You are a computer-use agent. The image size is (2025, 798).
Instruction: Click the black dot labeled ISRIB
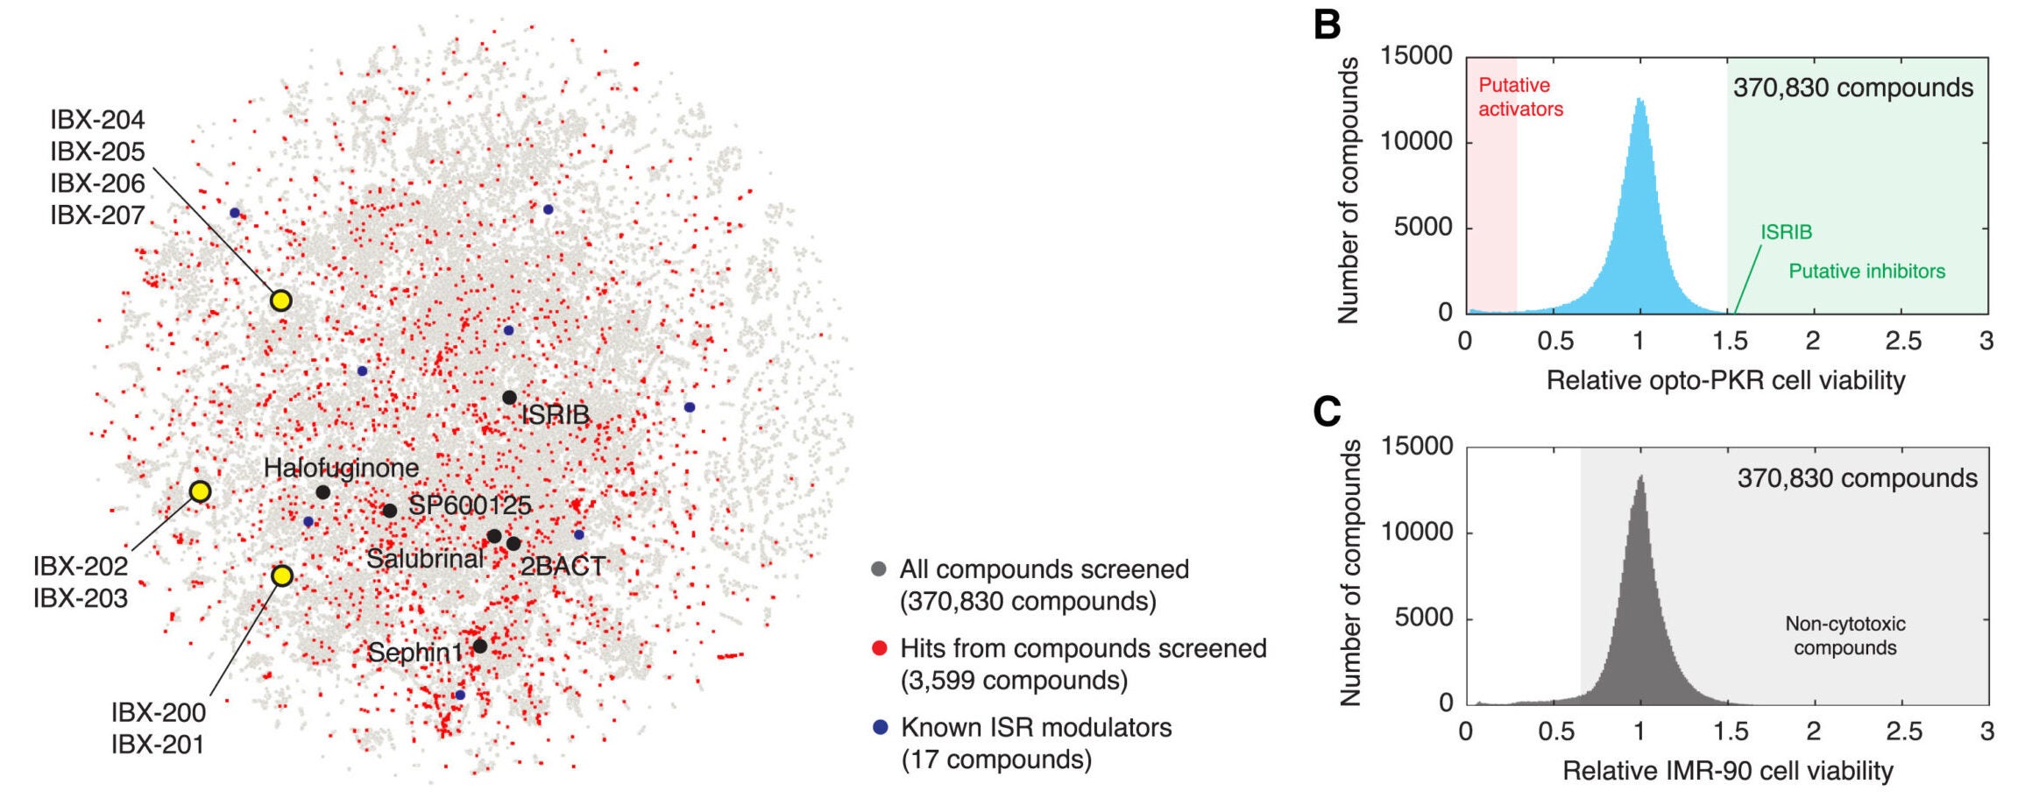click(x=509, y=398)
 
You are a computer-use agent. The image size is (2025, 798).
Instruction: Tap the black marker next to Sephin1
click(x=479, y=646)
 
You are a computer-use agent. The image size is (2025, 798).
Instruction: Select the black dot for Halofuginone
click(x=322, y=492)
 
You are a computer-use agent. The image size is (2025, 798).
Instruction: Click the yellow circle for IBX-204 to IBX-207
click(x=280, y=301)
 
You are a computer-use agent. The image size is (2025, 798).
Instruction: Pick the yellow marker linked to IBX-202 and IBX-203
click(x=200, y=491)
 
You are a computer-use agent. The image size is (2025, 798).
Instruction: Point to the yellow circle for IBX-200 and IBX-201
click(x=281, y=576)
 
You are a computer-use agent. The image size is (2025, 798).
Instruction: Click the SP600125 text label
click(x=470, y=505)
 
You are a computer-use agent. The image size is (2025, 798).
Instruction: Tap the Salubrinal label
click(x=425, y=559)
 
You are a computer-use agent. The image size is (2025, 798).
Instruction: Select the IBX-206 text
click(x=97, y=183)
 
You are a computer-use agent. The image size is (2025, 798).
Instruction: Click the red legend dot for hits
click(x=880, y=649)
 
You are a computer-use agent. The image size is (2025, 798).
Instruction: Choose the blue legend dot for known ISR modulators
click(x=880, y=728)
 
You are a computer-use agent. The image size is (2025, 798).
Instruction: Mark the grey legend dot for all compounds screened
click(x=879, y=569)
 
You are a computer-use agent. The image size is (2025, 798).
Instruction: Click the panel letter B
click(x=1327, y=25)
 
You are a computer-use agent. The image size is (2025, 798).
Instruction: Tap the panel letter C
click(x=1327, y=411)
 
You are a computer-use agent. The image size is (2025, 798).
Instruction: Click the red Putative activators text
click(x=1520, y=97)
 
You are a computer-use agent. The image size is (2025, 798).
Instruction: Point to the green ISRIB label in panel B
click(x=1786, y=232)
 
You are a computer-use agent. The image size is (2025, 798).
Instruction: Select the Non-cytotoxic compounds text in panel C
click(x=1844, y=636)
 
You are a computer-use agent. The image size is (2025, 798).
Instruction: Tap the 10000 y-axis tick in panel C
click(x=1416, y=532)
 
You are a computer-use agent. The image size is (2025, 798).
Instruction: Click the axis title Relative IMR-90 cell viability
click(x=1727, y=771)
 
